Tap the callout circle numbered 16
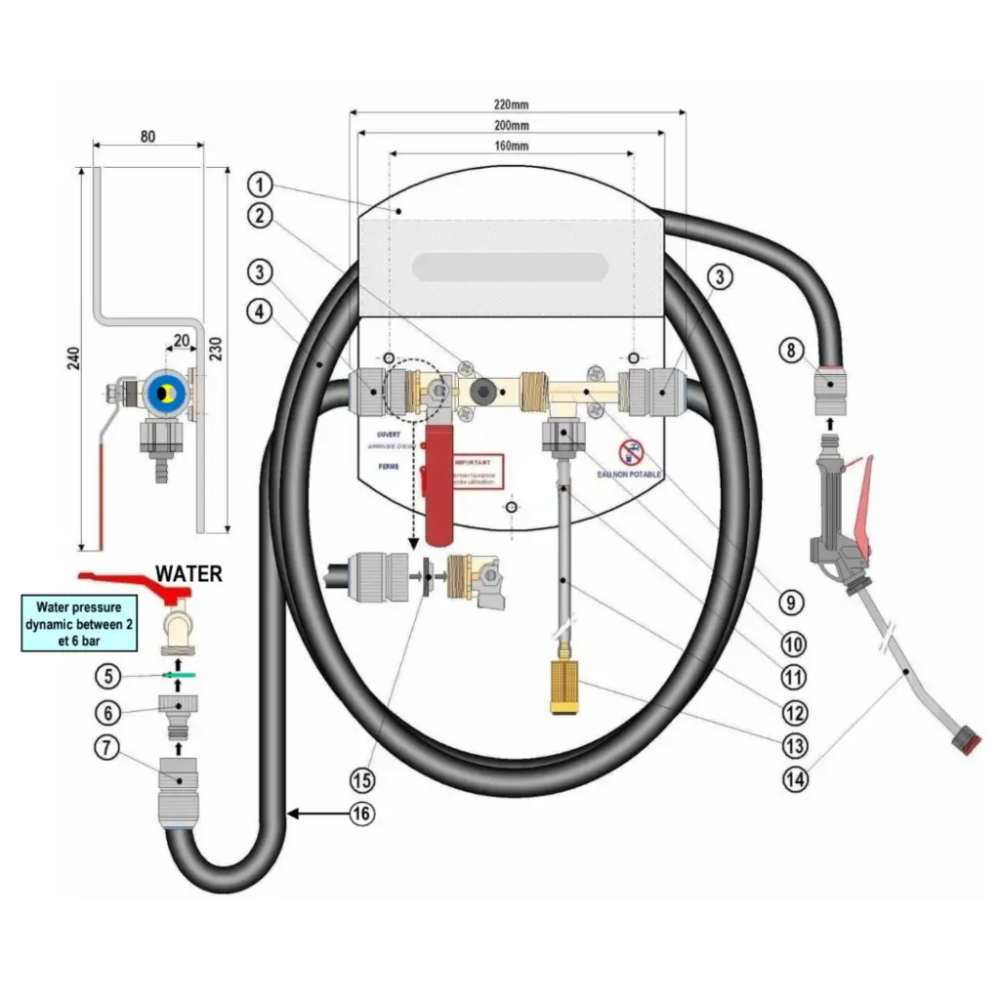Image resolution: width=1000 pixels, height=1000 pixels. (362, 812)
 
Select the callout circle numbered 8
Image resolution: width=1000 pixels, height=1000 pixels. (791, 349)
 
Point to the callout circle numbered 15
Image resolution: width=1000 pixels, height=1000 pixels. (363, 779)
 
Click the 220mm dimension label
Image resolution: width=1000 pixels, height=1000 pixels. (517, 104)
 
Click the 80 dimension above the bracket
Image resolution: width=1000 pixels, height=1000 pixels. (147, 137)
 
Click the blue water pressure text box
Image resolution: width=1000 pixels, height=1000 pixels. (79, 625)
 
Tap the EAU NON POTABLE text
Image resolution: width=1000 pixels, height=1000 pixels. (630, 475)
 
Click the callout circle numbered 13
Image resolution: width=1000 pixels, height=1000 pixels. (793, 744)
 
